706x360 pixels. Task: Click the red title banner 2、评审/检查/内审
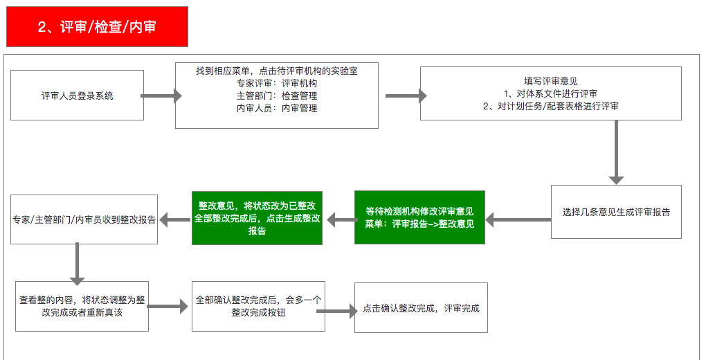[x=97, y=27]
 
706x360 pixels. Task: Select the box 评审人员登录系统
[x=77, y=96]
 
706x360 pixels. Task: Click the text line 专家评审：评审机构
[x=276, y=83]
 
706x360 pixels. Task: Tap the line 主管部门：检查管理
[x=276, y=96]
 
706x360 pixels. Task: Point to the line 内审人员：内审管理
[x=276, y=108]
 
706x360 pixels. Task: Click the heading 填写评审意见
[x=550, y=81]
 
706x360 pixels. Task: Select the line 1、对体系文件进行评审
[x=550, y=93]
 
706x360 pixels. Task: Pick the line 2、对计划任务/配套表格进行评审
[x=550, y=106]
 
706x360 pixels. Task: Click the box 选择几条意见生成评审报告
[x=616, y=212]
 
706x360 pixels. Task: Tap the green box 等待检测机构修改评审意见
[x=419, y=217]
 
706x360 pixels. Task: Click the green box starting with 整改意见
[x=257, y=218]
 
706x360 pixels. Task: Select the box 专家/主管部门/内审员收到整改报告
[x=84, y=219]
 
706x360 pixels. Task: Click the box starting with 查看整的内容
[x=82, y=306]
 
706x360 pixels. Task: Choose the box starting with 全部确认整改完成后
[x=258, y=306]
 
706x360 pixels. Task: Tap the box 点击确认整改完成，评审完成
[x=421, y=307]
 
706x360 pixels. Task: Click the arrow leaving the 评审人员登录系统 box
[x=161, y=96]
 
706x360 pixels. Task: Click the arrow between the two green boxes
[x=339, y=219]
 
